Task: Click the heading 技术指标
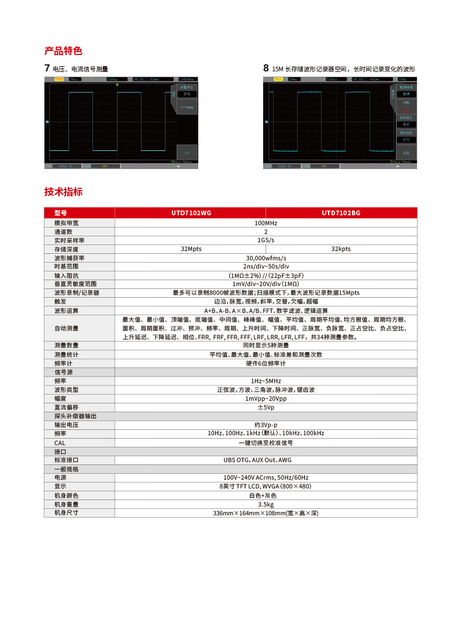coord(64,192)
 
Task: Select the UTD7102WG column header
coord(190,213)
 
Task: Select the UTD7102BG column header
coord(341,213)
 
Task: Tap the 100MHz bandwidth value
coord(266,223)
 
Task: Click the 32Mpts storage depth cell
coord(191,249)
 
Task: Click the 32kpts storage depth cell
coord(341,249)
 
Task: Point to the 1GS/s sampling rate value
coord(266,240)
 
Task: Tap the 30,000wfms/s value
coord(266,258)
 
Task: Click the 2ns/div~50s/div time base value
coord(266,267)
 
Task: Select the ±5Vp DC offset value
coord(266,407)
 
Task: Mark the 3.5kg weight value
coord(266,504)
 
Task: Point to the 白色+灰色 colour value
coord(266,495)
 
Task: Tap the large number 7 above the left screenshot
coord(47,68)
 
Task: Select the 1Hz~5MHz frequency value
coord(266,381)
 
